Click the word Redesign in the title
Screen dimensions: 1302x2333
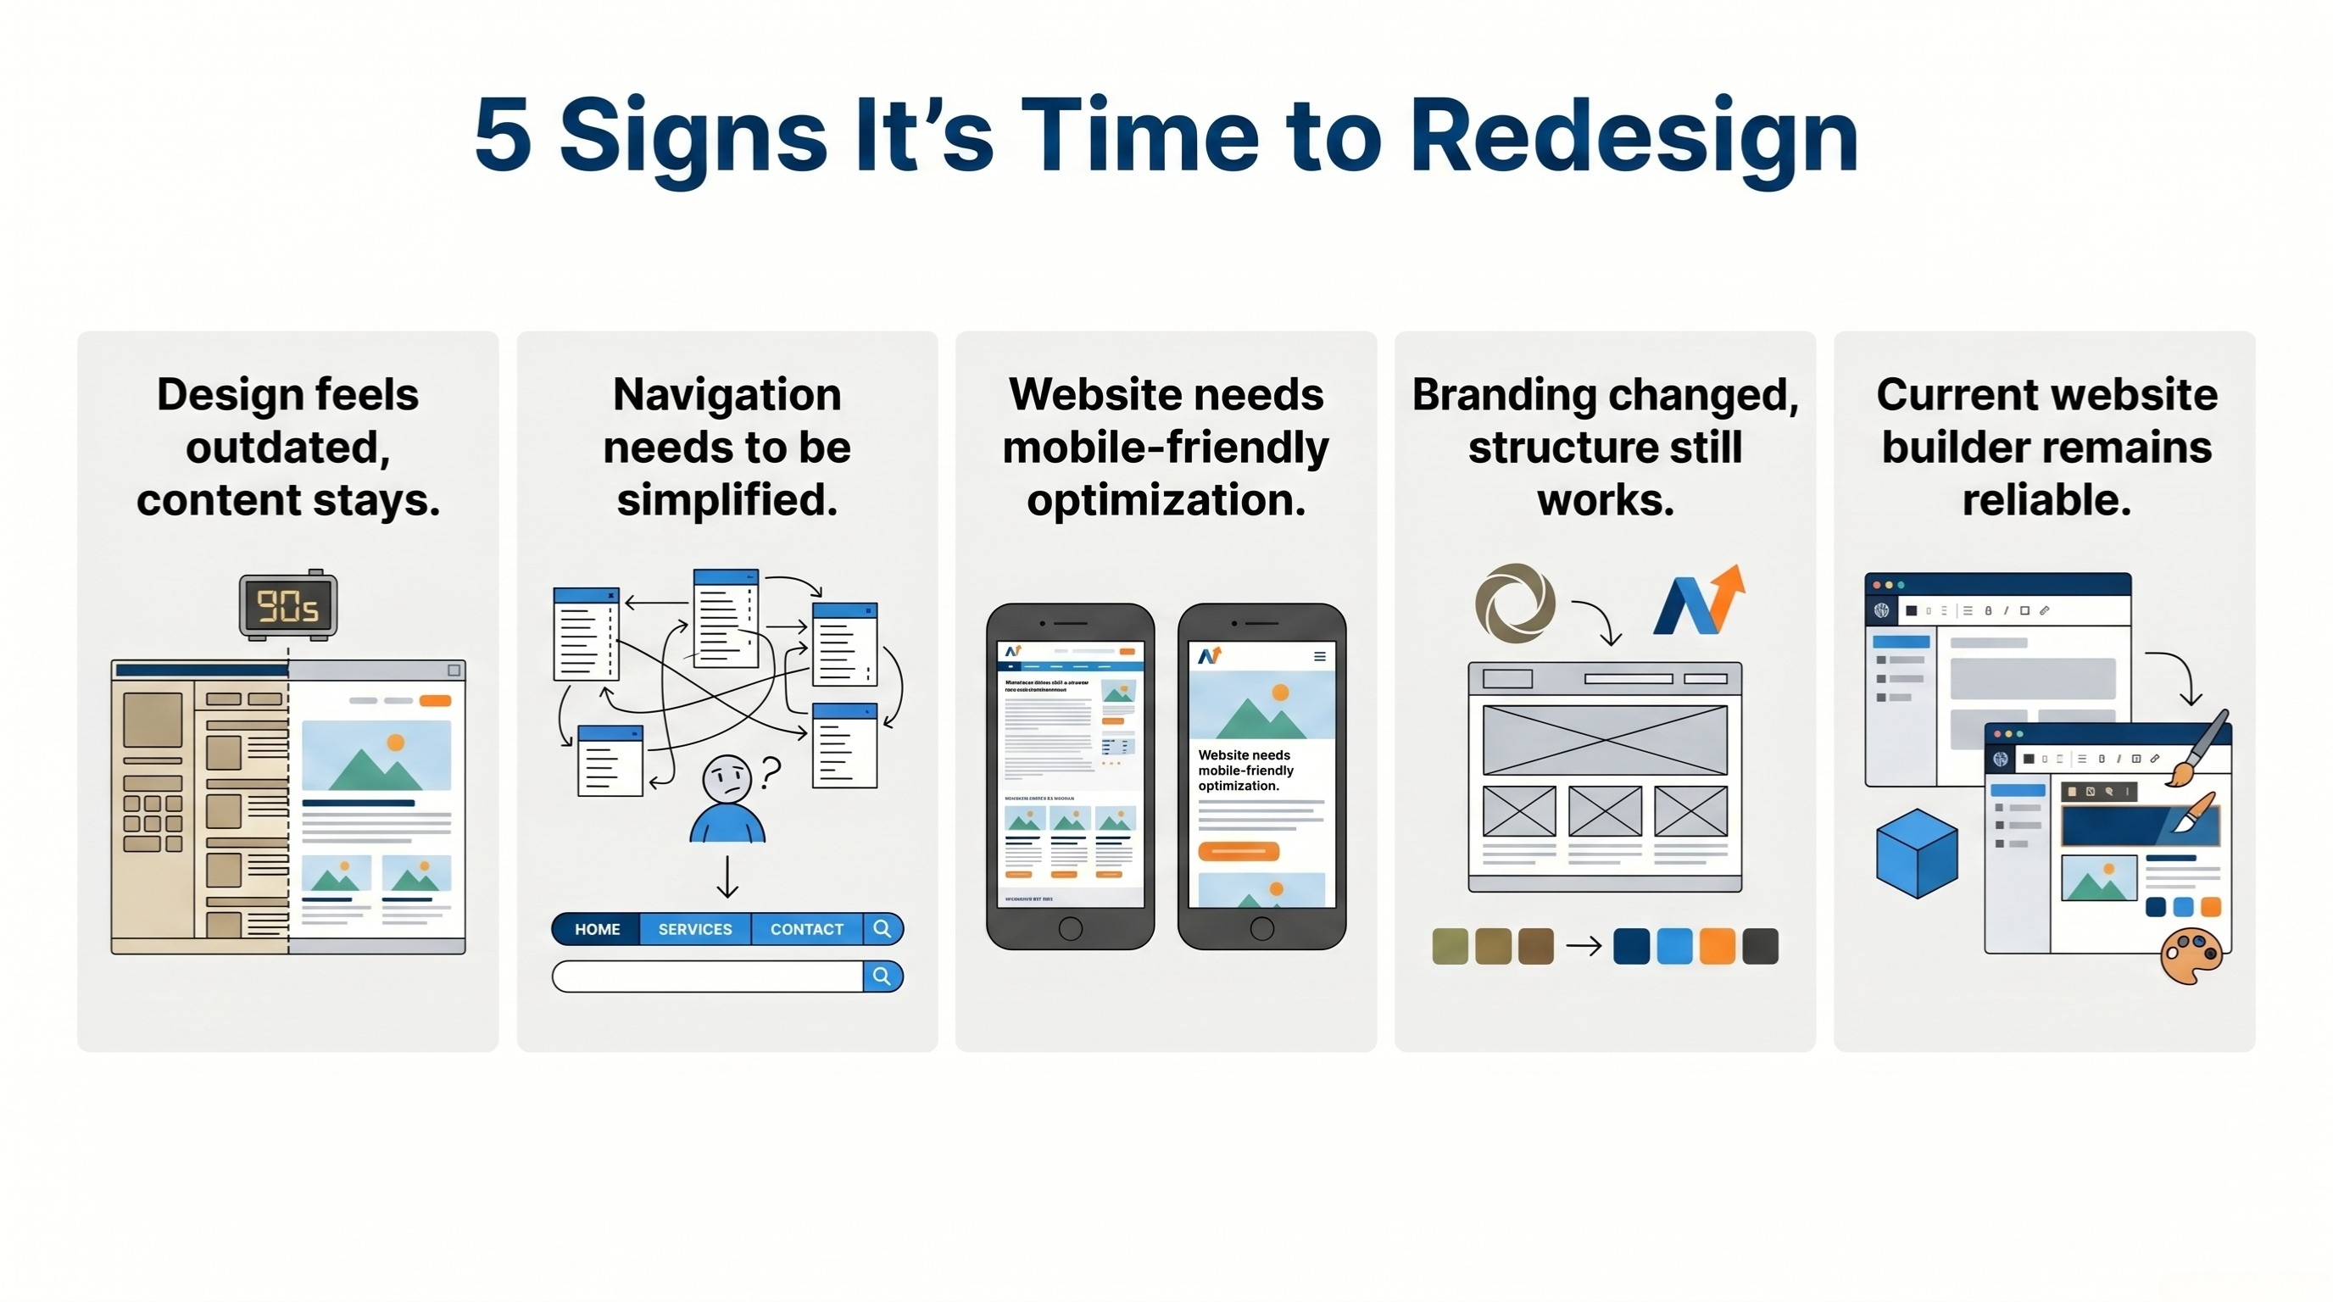click(x=1634, y=137)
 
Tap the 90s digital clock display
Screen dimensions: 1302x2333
click(x=288, y=606)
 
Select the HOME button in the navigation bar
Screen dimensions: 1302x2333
click(x=597, y=929)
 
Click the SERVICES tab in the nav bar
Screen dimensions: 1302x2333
click(x=694, y=929)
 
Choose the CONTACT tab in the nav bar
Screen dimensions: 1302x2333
click(x=806, y=929)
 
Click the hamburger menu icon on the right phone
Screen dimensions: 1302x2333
click(x=1320, y=656)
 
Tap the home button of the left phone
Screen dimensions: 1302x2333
click(x=1070, y=928)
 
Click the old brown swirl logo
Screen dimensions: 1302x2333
click(x=1515, y=602)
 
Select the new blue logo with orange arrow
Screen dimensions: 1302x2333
click(x=1698, y=602)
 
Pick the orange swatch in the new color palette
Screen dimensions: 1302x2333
click(x=1718, y=946)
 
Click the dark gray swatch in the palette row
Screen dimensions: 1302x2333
click(x=1761, y=946)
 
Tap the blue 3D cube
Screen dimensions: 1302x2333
click(x=1917, y=853)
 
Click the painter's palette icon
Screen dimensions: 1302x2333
click(x=2190, y=957)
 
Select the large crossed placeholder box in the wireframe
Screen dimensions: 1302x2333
click(x=1605, y=740)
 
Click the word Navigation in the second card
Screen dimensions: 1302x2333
click(x=727, y=395)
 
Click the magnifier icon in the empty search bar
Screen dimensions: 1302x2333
click(x=883, y=976)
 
